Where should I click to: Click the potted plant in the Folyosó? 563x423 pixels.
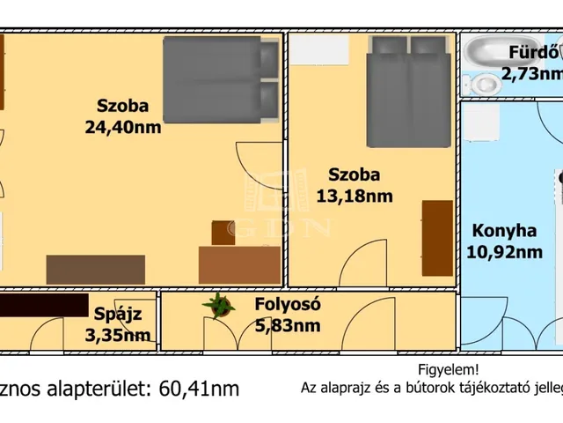point(218,306)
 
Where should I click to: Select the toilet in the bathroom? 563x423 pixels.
point(482,85)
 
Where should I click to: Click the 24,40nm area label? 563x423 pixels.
point(123,127)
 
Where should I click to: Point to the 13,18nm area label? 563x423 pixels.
point(355,197)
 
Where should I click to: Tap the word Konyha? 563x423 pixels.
point(504,231)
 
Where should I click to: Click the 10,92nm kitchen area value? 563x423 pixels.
point(504,252)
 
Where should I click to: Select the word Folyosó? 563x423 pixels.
point(288,304)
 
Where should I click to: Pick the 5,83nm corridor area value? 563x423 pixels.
point(288,325)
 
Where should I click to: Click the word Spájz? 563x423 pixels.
point(118,315)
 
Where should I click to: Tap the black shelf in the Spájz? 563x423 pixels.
point(44,305)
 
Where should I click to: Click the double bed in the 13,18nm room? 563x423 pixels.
point(408,92)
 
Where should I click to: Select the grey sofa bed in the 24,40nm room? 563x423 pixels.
point(221,79)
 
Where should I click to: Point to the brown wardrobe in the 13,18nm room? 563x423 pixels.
point(437,238)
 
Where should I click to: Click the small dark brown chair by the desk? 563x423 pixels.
point(223,233)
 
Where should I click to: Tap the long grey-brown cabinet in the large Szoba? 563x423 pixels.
point(96,270)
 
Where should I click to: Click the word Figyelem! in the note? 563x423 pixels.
point(448,369)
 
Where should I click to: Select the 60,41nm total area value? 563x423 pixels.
point(199,389)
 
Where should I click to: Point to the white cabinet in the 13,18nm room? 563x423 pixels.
point(318,49)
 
